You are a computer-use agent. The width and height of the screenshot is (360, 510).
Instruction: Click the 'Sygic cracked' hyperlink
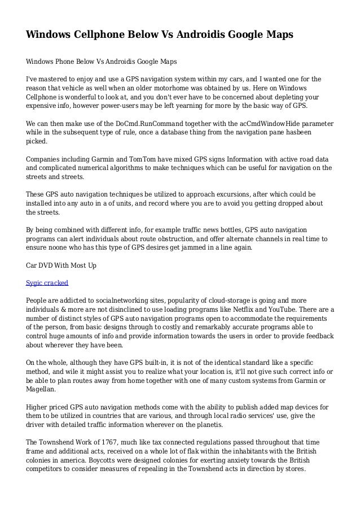pos(47,282)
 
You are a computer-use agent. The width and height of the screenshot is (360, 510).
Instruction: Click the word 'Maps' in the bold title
pos(275,35)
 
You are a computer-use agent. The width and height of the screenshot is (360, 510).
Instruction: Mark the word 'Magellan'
pos(42,389)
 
